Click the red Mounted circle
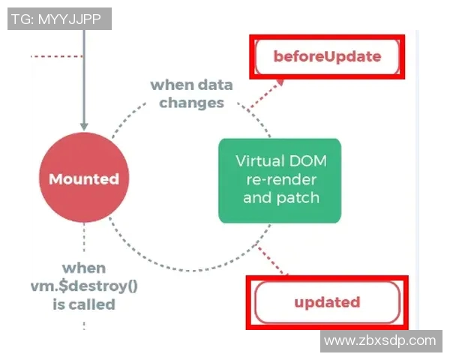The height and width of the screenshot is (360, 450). (x=84, y=179)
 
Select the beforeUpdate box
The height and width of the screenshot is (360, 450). (x=327, y=56)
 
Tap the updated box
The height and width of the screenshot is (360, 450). (x=327, y=303)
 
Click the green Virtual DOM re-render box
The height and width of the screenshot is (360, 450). (x=279, y=180)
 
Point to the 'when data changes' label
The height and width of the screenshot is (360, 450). (x=191, y=94)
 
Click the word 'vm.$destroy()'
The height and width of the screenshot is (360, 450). (x=84, y=286)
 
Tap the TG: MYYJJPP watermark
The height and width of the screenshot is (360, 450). (x=59, y=19)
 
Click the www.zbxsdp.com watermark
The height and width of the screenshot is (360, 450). (x=379, y=340)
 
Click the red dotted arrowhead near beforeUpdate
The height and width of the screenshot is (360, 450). (x=280, y=80)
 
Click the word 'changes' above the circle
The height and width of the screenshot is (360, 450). (x=191, y=103)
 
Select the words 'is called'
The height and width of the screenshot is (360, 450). (x=84, y=304)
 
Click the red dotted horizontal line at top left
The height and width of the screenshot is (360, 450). (x=57, y=56)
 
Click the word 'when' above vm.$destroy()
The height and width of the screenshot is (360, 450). (x=84, y=268)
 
